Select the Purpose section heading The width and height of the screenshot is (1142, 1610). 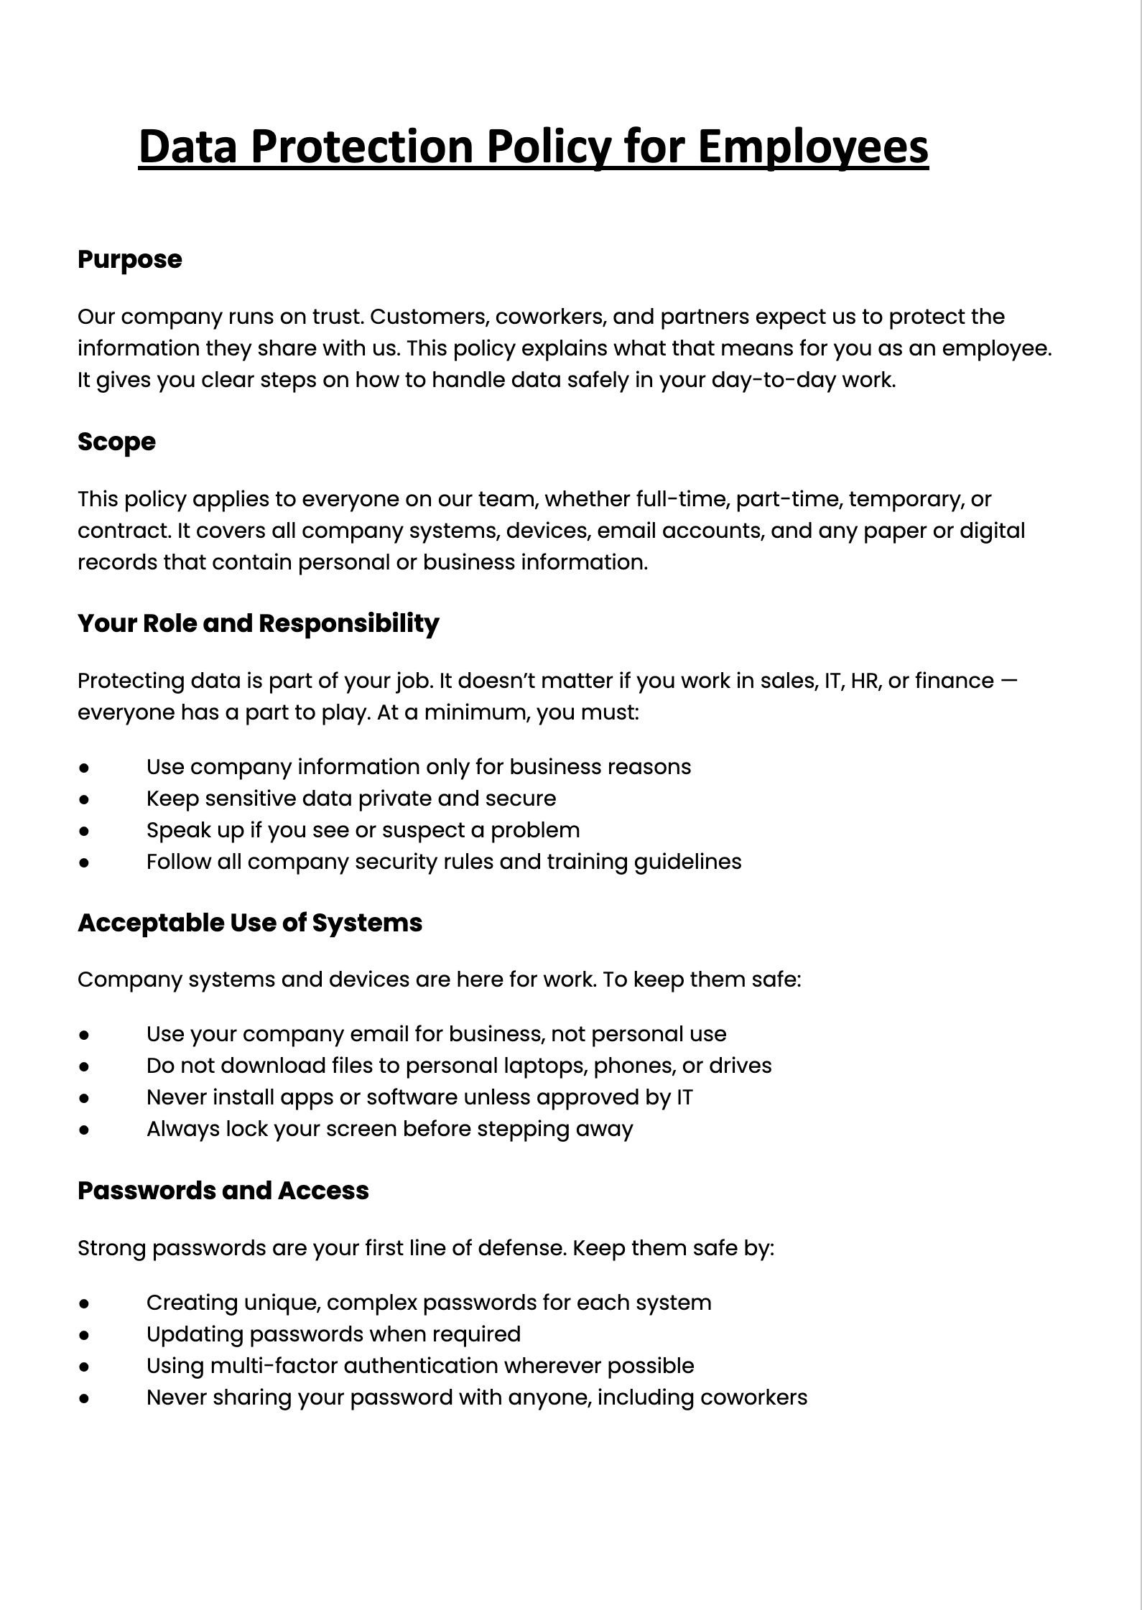[129, 259]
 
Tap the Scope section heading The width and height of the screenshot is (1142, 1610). [116, 442]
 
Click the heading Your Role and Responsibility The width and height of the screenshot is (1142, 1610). [258, 623]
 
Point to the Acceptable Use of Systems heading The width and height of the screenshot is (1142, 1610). [250, 923]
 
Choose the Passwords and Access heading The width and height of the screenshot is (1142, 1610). [223, 1191]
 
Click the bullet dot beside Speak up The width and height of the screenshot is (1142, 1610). [84, 831]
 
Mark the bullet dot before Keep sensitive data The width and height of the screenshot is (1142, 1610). [84, 799]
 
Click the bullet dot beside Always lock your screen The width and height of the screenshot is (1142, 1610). [84, 1130]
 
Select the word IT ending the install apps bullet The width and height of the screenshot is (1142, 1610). [684, 1097]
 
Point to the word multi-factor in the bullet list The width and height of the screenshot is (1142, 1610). [273, 1366]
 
